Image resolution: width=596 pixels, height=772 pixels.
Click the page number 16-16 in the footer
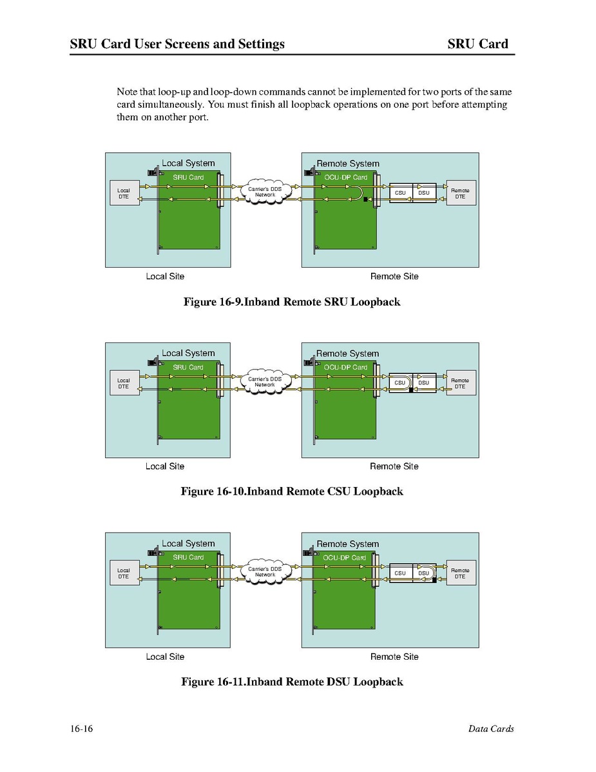tap(82, 729)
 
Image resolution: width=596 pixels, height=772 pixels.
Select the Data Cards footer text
tap(491, 729)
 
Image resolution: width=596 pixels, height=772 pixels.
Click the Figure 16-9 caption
tap(292, 302)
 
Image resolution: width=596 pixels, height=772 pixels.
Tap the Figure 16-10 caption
tap(292, 491)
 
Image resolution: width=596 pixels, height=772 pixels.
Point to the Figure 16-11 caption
tap(292, 682)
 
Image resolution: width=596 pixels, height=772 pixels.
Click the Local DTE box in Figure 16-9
tap(124, 193)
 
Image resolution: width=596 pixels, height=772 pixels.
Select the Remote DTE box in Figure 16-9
tap(461, 193)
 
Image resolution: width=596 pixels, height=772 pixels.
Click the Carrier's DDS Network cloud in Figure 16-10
tap(265, 382)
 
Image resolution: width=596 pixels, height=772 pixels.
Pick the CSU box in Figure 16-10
tap(400, 382)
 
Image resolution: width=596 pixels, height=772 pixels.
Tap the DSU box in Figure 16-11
tap(423, 573)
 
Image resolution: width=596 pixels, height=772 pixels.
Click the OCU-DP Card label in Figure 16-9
tap(346, 177)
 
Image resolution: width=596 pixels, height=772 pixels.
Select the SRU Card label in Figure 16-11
tap(188, 557)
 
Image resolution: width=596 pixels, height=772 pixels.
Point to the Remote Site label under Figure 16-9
tap(394, 277)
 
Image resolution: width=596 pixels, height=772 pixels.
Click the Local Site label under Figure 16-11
tap(165, 657)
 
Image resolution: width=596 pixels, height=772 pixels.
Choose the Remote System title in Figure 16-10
tap(348, 353)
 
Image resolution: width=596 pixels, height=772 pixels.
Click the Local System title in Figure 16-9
tap(188, 163)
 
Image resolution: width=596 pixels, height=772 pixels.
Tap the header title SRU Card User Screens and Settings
tap(177, 44)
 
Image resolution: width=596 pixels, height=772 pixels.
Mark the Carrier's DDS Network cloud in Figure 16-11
tap(265, 571)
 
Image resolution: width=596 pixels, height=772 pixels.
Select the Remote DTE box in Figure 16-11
tap(461, 573)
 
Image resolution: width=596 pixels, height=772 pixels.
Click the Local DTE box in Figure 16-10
tap(124, 383)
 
